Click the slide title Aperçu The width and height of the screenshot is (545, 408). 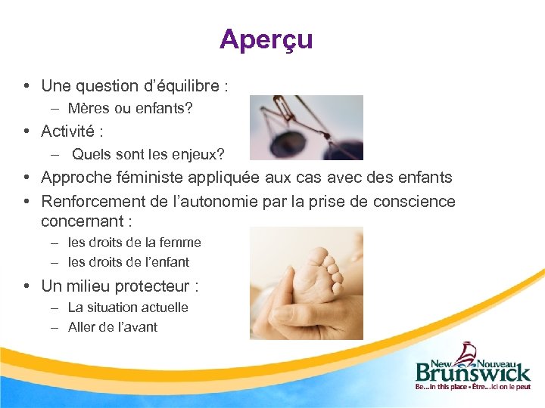click(x=266, y=39)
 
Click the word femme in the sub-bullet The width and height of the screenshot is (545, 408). click(x=182, y=243)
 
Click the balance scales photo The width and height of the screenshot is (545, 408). click(x=306, y=127)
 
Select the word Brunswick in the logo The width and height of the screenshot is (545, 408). click(x=472, y=371)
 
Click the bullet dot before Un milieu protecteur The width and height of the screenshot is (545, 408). click(x=26, y=286)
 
